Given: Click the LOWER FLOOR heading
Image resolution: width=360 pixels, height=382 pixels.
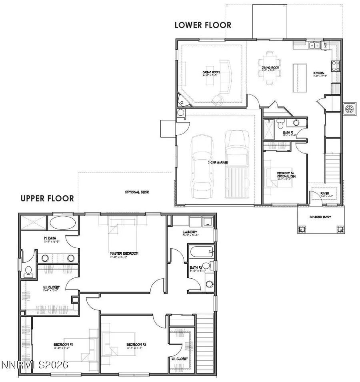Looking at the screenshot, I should coord(203,25).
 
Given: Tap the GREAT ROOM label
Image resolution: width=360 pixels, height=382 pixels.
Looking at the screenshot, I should coord(210,72).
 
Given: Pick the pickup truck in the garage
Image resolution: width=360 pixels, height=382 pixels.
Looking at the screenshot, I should coord(234,164).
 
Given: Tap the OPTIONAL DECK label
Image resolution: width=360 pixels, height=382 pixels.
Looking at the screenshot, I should coord(137,192).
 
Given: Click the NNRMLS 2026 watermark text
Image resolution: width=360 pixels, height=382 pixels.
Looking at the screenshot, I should coord(35,365).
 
